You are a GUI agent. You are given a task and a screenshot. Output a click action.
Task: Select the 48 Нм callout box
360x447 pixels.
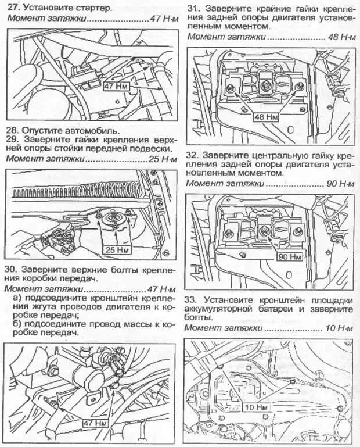[264, 116]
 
